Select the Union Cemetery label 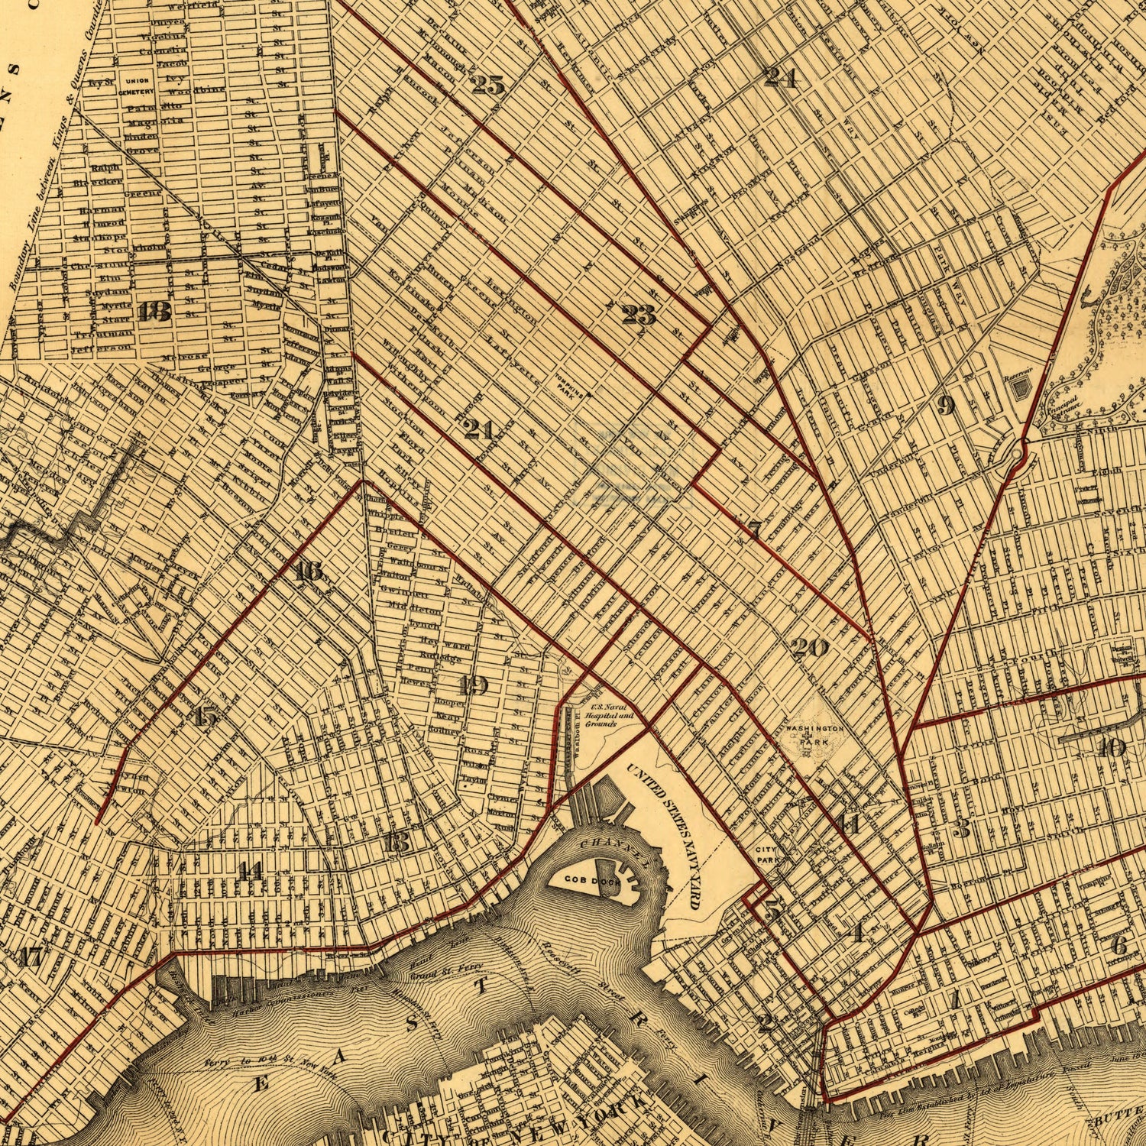(x=136, y=86)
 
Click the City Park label (x=766, y=855)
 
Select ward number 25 (x=487, y=85)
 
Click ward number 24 (x=780, y=76)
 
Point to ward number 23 (x=638, y=314)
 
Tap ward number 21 (x=478, y=429)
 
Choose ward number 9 (x=946, y=406)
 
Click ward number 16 (x=308, y=571)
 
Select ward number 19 (x=474, y=685)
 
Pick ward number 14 (x=249, y=870)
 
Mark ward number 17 (x=31, y=957)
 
